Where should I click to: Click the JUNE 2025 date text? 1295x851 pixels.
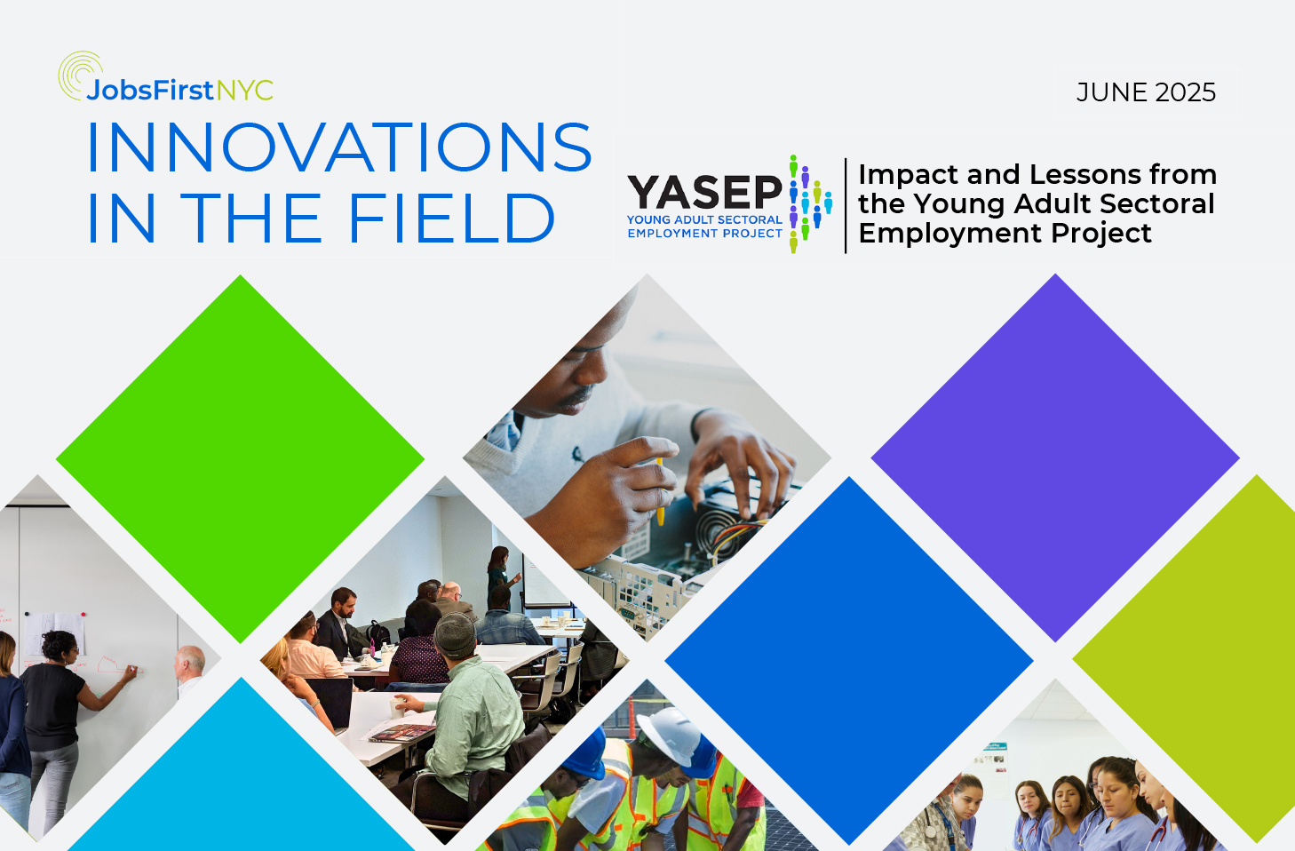1146,92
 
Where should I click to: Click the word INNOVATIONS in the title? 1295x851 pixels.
339,147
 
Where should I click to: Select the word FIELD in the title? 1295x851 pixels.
451,218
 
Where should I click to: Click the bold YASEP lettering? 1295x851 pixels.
704,193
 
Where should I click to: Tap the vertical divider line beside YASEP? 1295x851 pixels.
846,205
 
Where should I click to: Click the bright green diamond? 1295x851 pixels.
240,458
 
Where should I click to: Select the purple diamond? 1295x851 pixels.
1055,457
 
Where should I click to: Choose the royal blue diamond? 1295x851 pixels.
849,660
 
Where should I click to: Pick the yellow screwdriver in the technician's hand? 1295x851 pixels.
660,491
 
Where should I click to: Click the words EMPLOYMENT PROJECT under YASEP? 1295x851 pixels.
704,234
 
